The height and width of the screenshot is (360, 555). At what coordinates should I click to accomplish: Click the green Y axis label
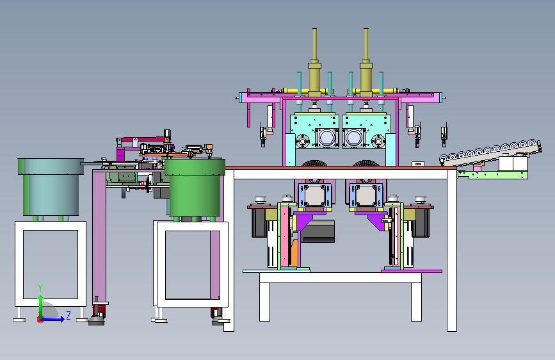40,288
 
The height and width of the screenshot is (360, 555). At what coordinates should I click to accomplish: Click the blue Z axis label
68,315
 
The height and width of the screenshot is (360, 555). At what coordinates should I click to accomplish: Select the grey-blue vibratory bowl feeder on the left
51,186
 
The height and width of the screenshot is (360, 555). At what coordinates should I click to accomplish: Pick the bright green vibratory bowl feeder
195,187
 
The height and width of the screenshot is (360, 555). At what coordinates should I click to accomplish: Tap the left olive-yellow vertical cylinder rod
314,62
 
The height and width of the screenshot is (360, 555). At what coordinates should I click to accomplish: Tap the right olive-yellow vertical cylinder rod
366,62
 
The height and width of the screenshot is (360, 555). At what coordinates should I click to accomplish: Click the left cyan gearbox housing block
313,131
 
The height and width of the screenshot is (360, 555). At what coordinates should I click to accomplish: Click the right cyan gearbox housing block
366,131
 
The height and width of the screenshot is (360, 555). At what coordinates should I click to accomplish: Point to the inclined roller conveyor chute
490,152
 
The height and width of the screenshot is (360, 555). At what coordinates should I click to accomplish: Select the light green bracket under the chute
492,175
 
